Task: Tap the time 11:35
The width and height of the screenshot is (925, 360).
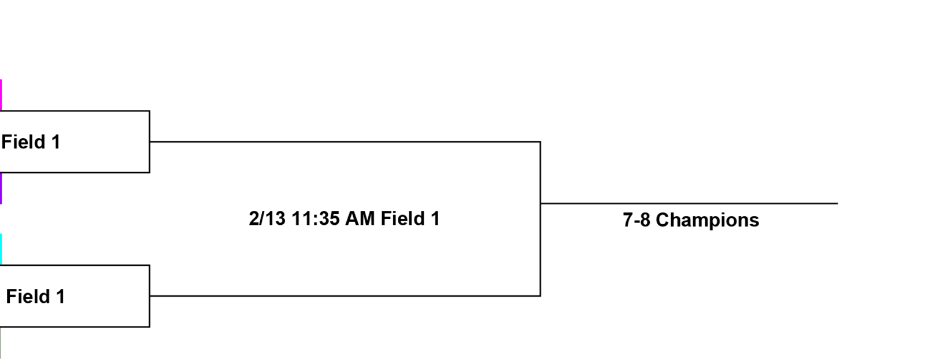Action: click(x=316, y=218)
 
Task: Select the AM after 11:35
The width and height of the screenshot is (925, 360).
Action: click(x=360, y=218)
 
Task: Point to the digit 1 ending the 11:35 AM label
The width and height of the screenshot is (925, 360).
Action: click(x=435, y=218)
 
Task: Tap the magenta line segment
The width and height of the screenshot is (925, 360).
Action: click(x=1, y=95)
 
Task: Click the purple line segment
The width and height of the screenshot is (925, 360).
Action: click(x=1, y=188)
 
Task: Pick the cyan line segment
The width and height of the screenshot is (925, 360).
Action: click(x=1, y=250)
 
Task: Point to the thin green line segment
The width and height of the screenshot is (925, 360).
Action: click(x=1, y=343)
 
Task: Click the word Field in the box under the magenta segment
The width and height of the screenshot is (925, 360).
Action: click(x=23, y=142)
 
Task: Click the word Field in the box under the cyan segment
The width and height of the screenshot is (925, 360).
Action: click(x=28, y=296)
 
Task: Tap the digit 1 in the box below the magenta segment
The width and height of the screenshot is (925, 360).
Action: click(x=55, y=142)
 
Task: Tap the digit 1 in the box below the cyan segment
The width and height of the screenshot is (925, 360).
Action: click(x=60, y=296)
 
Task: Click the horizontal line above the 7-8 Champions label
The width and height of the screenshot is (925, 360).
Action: click(x=689, y=203)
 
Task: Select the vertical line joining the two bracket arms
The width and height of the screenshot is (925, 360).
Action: click(x=540, y=219)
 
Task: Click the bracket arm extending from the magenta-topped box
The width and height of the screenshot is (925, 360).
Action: click(x=345, y=142)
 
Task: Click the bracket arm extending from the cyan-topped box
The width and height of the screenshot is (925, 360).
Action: click(x=345, y=296)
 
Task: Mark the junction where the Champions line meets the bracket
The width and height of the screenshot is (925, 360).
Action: click(x=540, y=203)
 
